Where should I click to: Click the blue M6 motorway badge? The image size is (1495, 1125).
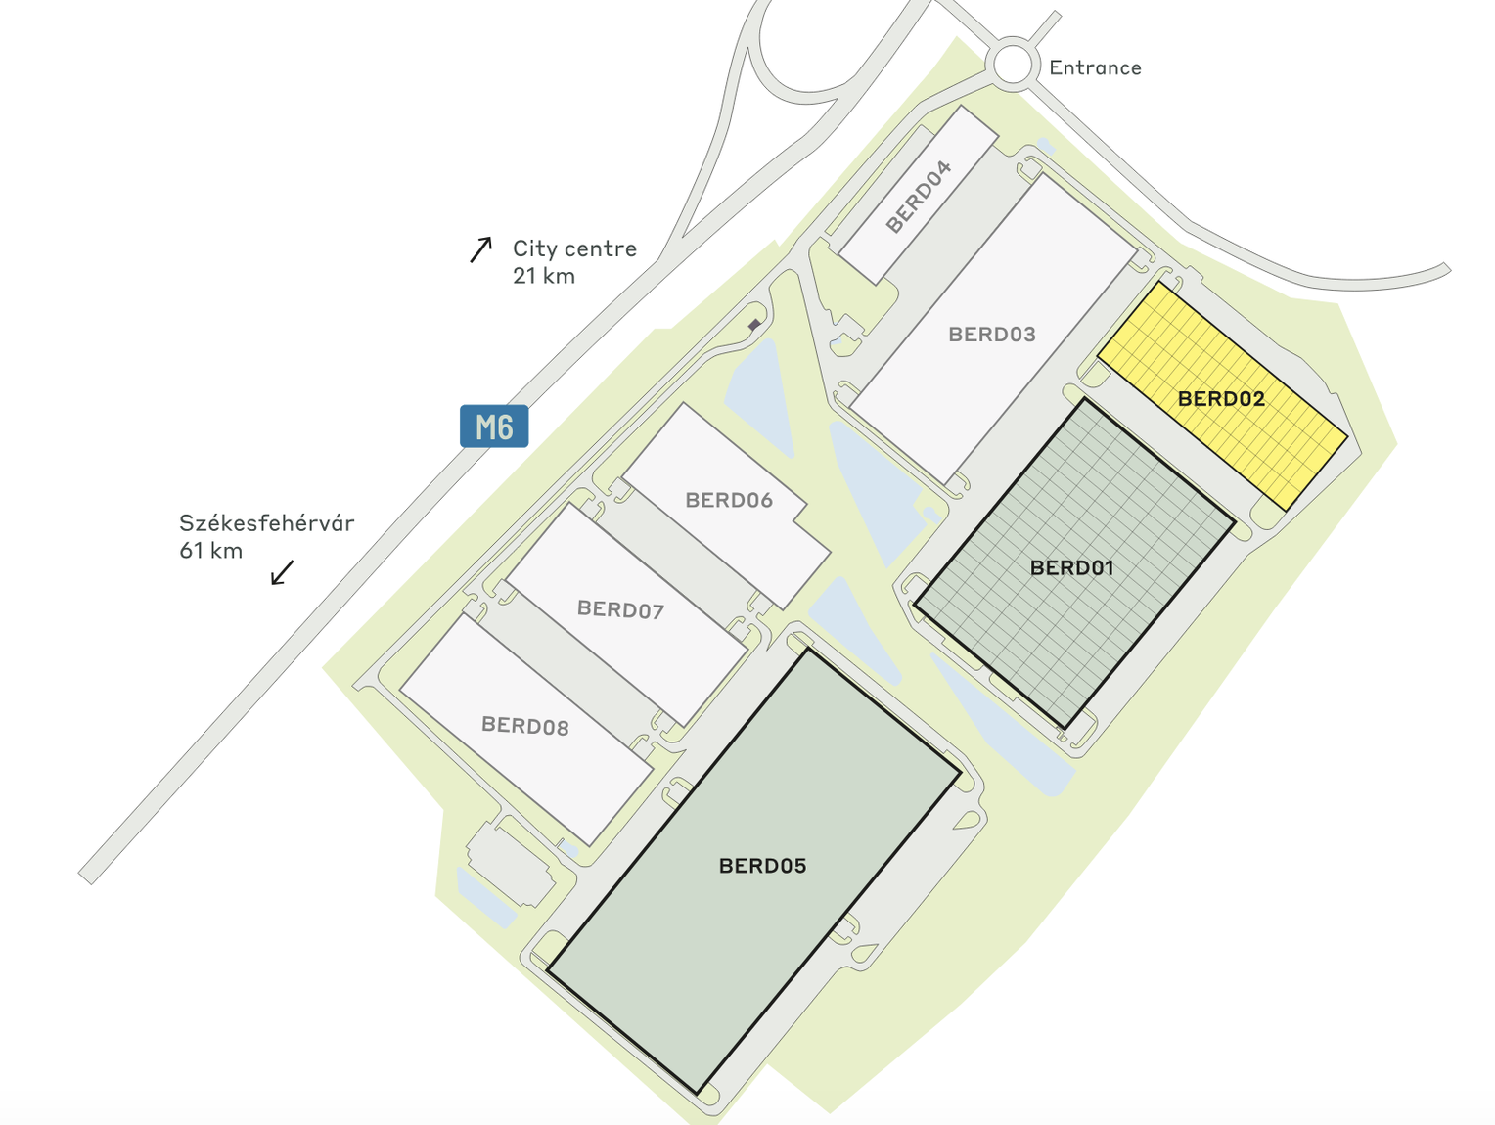[x=494, y=427]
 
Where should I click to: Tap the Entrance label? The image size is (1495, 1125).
[x=1095, y=67]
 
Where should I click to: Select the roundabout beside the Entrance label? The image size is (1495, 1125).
[x=1014, y=66]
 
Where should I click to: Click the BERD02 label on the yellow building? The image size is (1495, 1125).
[x=1221, y=398]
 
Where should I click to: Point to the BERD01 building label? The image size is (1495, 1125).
[x=1071, y=567]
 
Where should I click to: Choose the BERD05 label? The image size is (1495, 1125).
[x=762, y=866]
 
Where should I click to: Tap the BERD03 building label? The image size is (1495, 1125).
[x=991, y=335]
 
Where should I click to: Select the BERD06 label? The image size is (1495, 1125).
[x=729, y=500]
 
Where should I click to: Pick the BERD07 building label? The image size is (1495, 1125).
[x=620, y=610]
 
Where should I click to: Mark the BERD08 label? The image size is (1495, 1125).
[x=524, y=726]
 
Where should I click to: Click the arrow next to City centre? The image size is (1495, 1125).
[x=480, y=249]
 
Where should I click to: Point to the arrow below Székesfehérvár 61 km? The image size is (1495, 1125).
[x=282, y=572]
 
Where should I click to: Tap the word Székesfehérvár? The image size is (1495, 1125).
[x=266, y=523]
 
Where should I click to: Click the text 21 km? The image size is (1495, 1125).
[x=543, y=276]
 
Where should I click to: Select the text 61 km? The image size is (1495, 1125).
[x=210, y=551]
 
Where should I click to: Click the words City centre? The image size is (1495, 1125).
[x=574, y=248]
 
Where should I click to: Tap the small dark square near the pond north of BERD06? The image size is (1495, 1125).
[x=754, y=324]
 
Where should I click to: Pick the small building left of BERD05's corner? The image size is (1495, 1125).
[x=508, y=863]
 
